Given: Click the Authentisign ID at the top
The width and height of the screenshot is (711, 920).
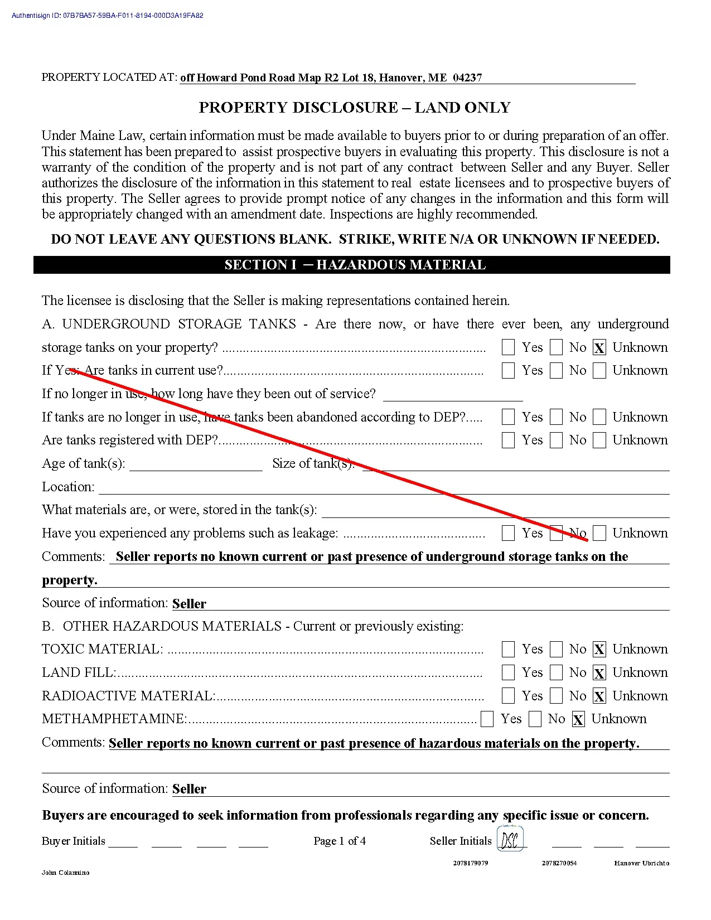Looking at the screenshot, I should (x=107, y=16).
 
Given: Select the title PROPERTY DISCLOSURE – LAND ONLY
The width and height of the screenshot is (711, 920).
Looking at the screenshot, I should (x=355, y=108).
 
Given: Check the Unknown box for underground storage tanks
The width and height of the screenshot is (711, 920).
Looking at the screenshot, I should (x=599, y=348).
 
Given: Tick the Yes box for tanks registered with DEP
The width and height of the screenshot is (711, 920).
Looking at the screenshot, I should (x=508, y=440).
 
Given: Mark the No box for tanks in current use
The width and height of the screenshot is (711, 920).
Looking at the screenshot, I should (x=556, y=371).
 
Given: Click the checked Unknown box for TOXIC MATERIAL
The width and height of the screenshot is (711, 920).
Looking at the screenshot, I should (x=599, y=650).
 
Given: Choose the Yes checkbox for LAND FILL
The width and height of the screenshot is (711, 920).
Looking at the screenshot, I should (x=508, y=673).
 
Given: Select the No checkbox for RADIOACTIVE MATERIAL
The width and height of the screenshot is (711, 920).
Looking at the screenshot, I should (x=556, y=696).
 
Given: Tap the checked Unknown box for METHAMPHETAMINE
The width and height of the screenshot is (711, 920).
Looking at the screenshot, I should (x=578, y=719).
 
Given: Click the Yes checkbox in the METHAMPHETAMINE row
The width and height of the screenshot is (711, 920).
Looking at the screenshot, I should (x=487, y=719).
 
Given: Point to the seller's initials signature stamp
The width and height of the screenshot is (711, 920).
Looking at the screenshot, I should (x=510, y=839).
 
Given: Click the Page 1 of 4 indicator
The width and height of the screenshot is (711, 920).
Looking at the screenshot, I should (x=340, y=841).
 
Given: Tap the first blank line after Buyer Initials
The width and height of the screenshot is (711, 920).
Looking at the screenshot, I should (x=123, y=843).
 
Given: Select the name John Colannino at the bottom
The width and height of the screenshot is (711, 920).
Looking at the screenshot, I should (x=65, y=873).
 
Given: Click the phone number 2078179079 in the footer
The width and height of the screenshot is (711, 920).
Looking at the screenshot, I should (x=471, y=863).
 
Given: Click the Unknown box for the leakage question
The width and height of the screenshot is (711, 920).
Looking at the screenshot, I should (x=599, y=534).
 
